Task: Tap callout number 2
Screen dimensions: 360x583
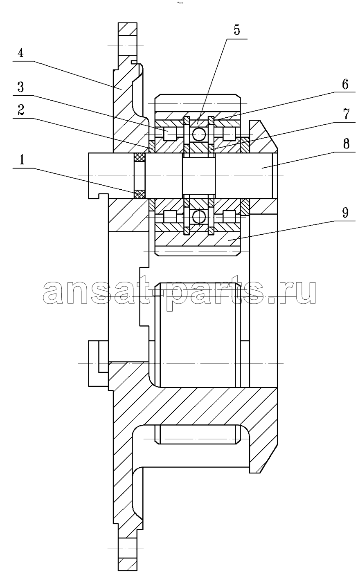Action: (x=21, y=110)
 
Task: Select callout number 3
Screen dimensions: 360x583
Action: (x=21, y=87)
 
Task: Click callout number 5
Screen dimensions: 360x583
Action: (x=236, y=30)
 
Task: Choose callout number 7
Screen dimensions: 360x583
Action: (x=346, y=114)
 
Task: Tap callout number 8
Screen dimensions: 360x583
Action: (x=346, y=144)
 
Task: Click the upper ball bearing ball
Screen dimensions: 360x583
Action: (x=199, y=134)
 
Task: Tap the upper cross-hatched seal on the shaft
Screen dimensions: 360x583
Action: (x=139, y=157)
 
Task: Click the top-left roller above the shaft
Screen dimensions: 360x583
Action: (x=170, y=134)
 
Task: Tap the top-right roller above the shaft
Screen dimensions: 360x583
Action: (x=229, y=134)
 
